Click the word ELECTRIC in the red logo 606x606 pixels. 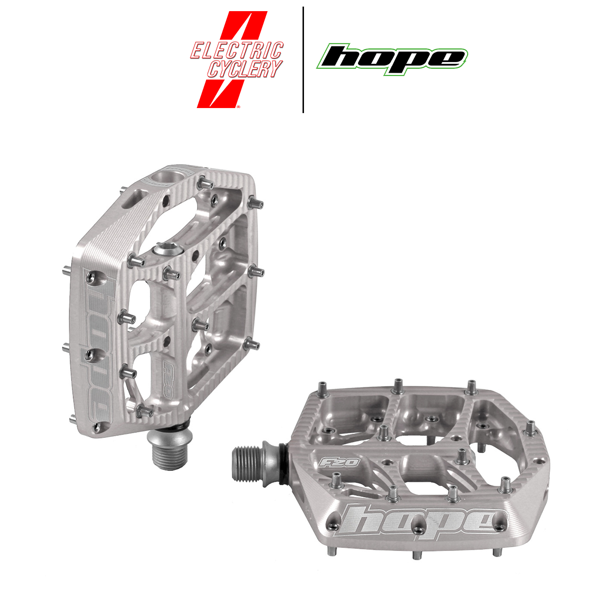pos(237,50)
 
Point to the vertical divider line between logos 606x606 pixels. pos(303,60)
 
